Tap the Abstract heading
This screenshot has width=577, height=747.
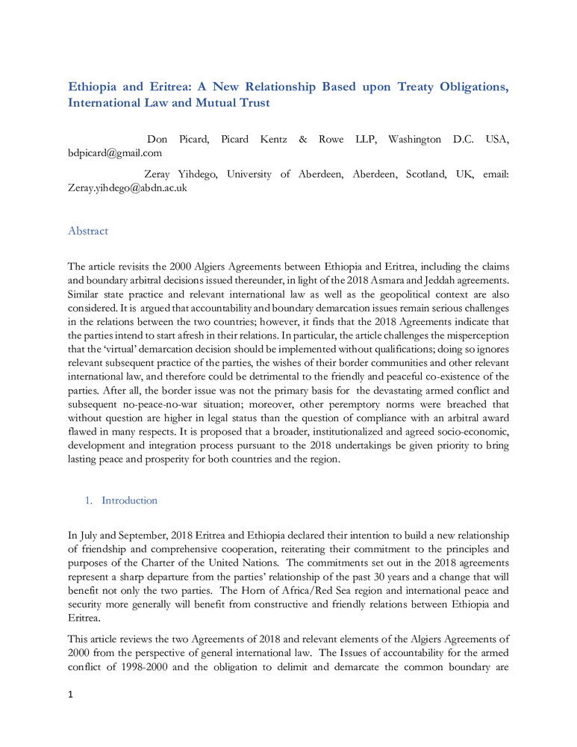88,231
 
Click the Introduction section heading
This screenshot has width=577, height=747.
129,500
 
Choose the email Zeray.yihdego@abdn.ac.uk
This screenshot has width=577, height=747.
128,188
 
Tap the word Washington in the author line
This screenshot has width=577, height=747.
415,140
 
